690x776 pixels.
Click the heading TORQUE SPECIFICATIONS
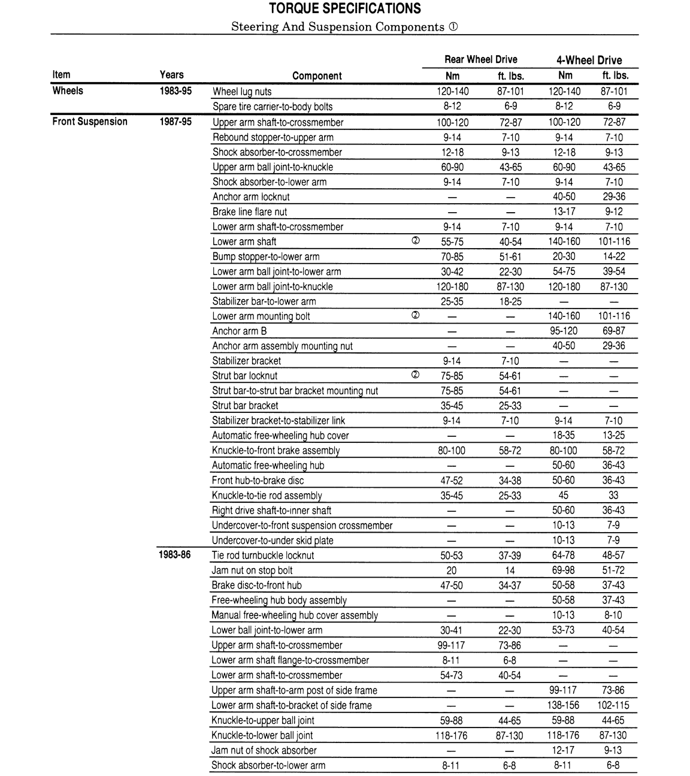pyautogui.click(x=344, y=8)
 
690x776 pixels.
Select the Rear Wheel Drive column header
pyautogui.click(x=480, y=59)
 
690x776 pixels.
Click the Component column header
pyautogui.click(x=317, y=76)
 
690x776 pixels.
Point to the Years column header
pyautogui.click(x=171, y=75)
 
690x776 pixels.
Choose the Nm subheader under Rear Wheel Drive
pyautogui.click(x=452, y=76)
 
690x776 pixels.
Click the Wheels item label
pyautogui.click(x=68, y=91)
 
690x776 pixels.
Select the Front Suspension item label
pyautogui.click(x=90, y=122)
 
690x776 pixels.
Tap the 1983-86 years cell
pyautogui.click(x=175, y=555)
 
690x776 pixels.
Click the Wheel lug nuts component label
pyautogui.click(x=242, y=92)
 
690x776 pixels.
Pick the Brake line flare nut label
pyautogui.click(x=250, y=212)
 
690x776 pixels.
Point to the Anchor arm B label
pyautogui.click(x=240, y=331)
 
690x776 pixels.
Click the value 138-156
pyautogui.click(x=564, y=705)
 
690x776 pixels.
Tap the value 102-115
pyautogui.click(x=613, y=705)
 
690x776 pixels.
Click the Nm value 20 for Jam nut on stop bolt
pyautogui.click(x=452, y=570)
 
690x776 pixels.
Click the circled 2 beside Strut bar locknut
pyautogui.click(x=416, y=375)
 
